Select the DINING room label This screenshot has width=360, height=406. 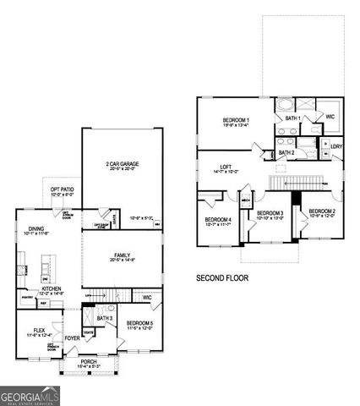pyautogui.click(x=36, y=228)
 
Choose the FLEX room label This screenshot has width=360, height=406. pyautogui.click(x=38, y=330)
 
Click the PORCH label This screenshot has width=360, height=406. pyautogui.click(x=89, y=362)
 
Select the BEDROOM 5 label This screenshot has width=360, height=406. pyautogui.click(x=139, y=323)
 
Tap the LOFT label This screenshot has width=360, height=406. pyautogui.click(x=224, y=167)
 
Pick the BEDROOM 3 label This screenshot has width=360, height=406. pyautogui.click(x=269, y=213)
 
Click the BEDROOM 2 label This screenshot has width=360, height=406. pyautogui.click(x=322, y=211)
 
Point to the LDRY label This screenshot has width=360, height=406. pyautogui.click(x=335, y=146)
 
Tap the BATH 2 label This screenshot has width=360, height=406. pyautogui.click(x=286, y=152)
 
